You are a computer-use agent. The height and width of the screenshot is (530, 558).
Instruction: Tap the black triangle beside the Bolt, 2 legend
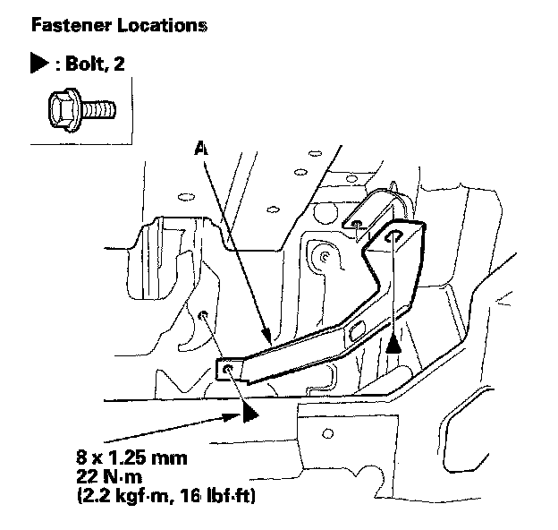point(39,65)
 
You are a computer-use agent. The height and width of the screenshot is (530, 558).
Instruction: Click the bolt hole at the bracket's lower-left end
point(231,369)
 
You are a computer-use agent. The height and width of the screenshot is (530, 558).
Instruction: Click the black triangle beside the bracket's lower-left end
point(249,413)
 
